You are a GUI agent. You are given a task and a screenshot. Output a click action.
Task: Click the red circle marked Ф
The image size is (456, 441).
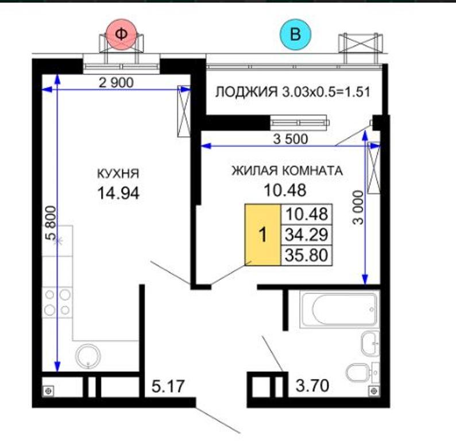pyautogui.click(x=121, y=34)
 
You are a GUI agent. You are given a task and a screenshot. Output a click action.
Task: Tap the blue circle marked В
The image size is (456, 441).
pyautogui.click(x=295, y=34)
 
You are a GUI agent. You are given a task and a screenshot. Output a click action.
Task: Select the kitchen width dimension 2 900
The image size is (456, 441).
pyautogui.click(x=116, y=83)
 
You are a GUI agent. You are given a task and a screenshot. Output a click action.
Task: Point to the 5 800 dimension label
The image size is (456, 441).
pyautogui.click(x=51, y=222)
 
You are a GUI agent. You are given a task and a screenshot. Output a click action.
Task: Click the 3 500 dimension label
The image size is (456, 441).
pyautogui.click(x=291, y=139)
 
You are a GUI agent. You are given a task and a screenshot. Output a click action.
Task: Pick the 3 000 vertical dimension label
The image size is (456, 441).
pyautogui.click(x=358, y=207)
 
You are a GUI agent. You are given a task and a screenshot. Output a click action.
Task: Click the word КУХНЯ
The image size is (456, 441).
pyautogui.click(x=118, y=173)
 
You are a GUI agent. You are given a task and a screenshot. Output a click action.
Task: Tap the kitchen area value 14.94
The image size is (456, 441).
pyautogui.click(x=118, y=193)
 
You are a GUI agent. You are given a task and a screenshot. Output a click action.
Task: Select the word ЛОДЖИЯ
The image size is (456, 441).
pyautogui.click(x=246, y=92)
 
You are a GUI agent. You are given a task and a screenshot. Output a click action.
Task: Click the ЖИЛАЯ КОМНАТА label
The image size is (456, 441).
pyautogui.click(x=287, y=171)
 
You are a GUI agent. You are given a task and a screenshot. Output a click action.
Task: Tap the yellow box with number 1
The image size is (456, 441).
pyautogui.click(x=263, y=235)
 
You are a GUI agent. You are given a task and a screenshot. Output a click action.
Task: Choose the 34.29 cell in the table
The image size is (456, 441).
pyautogui.click(x=307, y=235)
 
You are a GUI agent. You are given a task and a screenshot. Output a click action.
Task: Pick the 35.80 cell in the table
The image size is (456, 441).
pyautogui.click(x=307, y=255)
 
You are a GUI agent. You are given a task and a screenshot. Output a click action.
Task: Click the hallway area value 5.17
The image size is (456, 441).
pyautogui.click(x=168, y=386)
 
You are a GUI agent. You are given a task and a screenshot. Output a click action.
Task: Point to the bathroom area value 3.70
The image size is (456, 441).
pyautogui.click(x=312, y=385)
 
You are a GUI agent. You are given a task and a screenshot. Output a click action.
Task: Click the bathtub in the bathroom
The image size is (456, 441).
pyautogui.click(x=339, y=310)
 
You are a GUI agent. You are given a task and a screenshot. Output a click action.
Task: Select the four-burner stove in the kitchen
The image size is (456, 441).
pyautogui.click(x=57, y=303)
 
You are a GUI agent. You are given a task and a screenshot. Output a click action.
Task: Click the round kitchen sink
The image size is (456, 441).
pyautogui.click(x=88, y=357)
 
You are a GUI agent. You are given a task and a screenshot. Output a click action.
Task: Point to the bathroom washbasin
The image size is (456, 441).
pyautogui.click(x=370, y=343)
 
